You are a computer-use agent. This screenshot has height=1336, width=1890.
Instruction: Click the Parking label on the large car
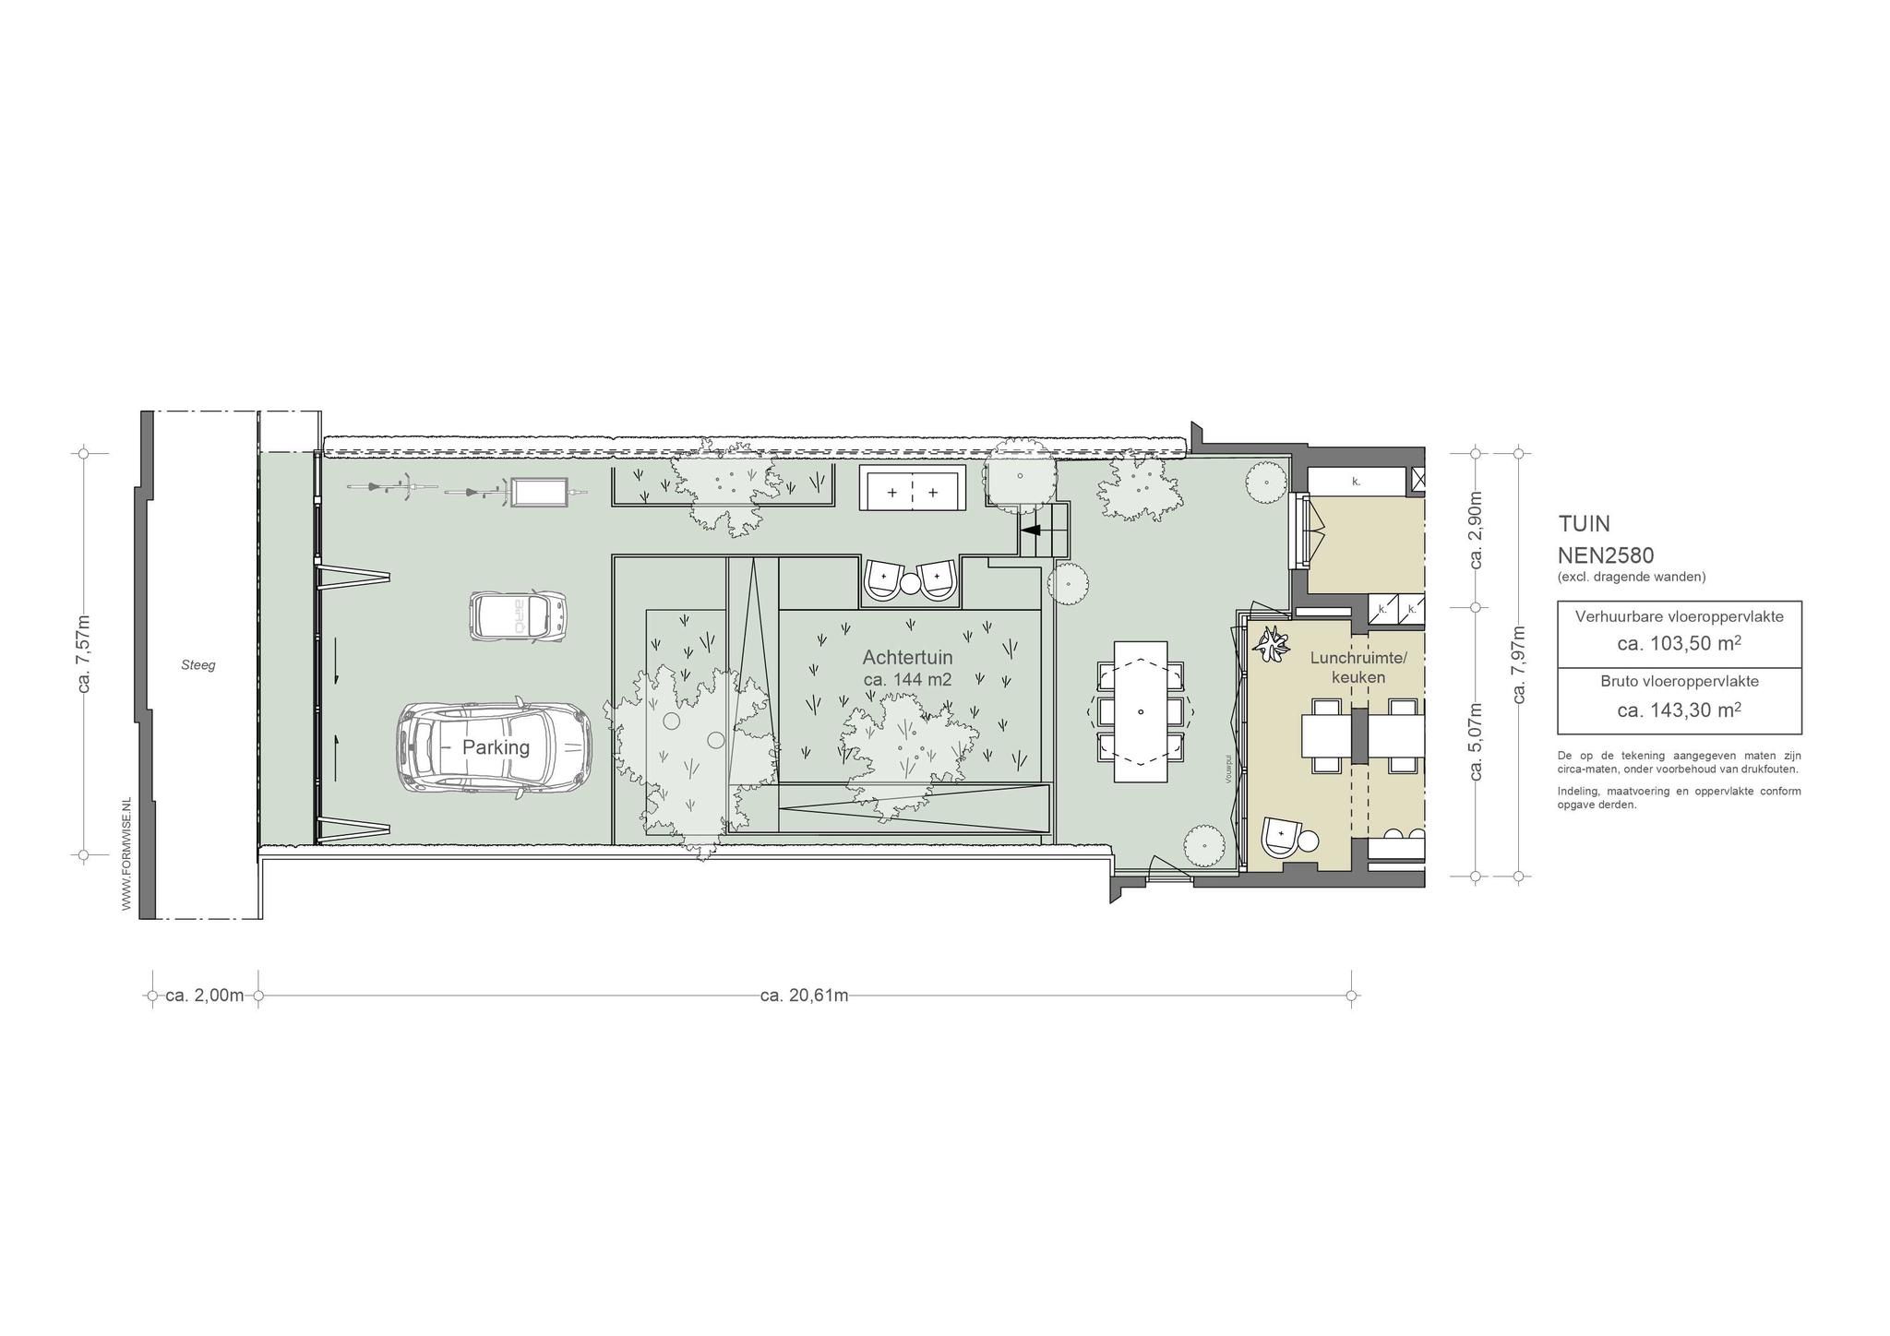pos(496,747)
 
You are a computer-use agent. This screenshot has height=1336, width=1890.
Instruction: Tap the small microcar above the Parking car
pos(518,616)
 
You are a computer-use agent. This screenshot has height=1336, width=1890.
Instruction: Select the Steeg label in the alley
pos(198,664)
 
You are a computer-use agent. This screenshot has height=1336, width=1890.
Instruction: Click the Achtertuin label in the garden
pos(907,658)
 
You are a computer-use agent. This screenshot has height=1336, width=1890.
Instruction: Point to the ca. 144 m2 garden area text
pos(907,680)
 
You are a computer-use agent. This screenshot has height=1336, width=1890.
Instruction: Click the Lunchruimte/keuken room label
pos(1358,668)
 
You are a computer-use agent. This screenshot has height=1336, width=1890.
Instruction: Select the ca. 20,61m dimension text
pos(804,996)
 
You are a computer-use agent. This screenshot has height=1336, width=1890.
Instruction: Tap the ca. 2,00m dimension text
pos(205,996)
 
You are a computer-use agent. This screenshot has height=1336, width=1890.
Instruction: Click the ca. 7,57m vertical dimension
pos(84,653)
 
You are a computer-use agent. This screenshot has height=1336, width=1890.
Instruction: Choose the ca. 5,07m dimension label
pos(1476,742)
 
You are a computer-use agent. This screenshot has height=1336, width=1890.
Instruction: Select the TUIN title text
pos(1584,524)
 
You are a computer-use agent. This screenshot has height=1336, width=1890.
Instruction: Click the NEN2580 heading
pos(1606,555)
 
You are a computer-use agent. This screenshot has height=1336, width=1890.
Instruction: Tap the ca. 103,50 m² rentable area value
pos(1679,643)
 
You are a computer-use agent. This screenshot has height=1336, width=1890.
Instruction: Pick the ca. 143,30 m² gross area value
pos(1679,710)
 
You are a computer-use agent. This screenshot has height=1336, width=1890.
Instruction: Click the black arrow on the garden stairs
pos(1031,531)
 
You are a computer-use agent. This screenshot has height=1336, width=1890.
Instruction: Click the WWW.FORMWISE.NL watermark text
pos(127,854)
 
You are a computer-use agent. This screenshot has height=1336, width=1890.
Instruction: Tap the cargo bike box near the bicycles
pos(539,492)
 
